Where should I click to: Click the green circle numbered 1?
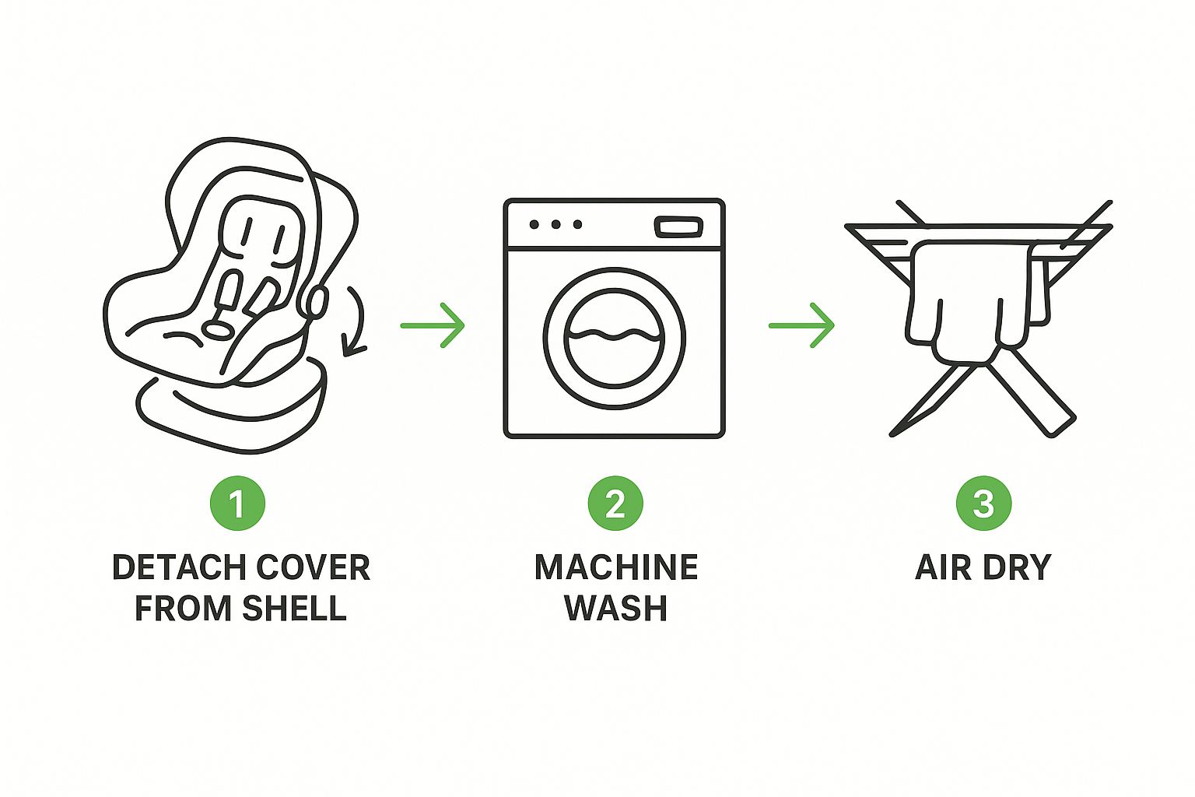point(237,503)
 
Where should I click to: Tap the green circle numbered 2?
point(615,503)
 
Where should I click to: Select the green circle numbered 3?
point(983,503)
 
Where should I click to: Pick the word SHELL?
point(294,608)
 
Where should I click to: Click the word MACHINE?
point(616,567)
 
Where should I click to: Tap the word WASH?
point(616,608)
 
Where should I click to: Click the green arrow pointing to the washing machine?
point(433,325)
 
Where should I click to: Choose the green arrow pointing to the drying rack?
point(801,325)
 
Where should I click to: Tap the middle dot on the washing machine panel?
point(556,224)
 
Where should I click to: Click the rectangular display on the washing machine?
point(678,226)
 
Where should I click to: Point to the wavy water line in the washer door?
point(614,334)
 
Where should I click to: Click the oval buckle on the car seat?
point(219,329)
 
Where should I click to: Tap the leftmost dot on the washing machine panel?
point(534,224)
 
